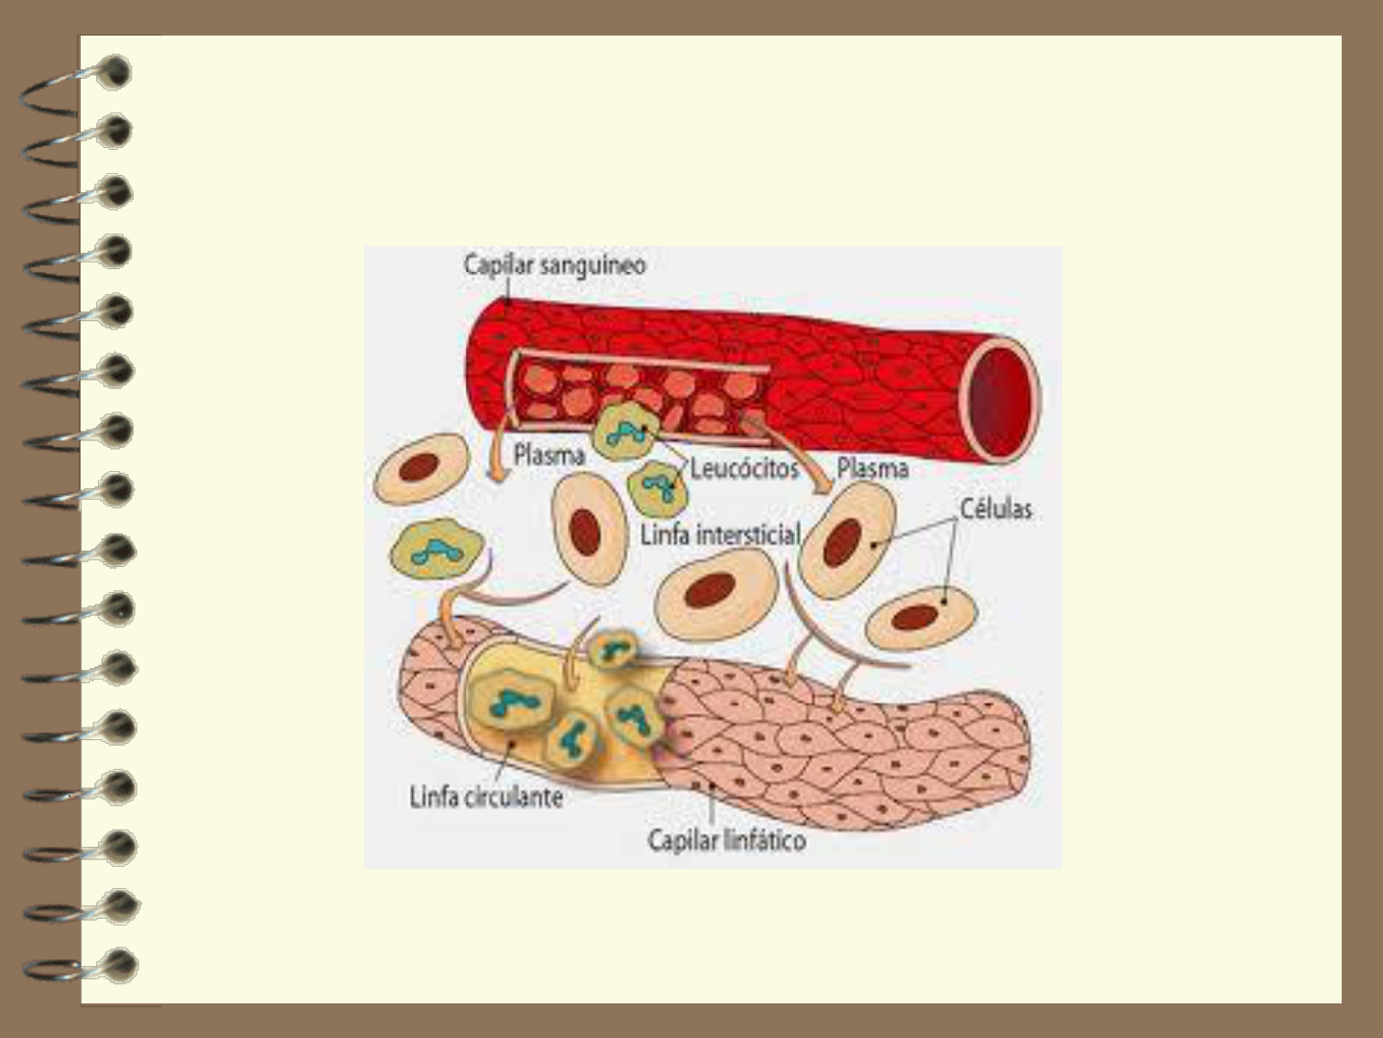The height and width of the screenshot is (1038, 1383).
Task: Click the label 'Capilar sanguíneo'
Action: (554, 265)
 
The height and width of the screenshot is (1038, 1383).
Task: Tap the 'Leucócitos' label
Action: (744, 468)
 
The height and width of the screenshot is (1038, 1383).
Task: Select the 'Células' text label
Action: (996, 508)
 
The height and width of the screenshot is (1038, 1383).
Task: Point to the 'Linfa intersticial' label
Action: (720, 534)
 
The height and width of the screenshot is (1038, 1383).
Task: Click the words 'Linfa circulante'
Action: (486, 797)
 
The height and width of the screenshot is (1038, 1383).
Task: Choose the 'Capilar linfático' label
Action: (727, 840)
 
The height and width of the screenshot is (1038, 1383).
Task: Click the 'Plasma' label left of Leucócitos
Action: (548, 455)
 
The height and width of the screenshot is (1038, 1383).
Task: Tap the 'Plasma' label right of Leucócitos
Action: (872, 468)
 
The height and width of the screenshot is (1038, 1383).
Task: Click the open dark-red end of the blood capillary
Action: (1001, 393)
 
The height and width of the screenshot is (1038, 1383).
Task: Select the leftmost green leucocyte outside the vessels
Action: (430, 551)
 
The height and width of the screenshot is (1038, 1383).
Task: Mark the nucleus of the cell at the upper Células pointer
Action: (842, 541)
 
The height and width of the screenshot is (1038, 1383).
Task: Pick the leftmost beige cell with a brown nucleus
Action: (420, 468)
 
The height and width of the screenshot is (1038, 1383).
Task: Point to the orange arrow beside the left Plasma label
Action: (496, 458)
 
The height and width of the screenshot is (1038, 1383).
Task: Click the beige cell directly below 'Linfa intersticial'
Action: (716, 594)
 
